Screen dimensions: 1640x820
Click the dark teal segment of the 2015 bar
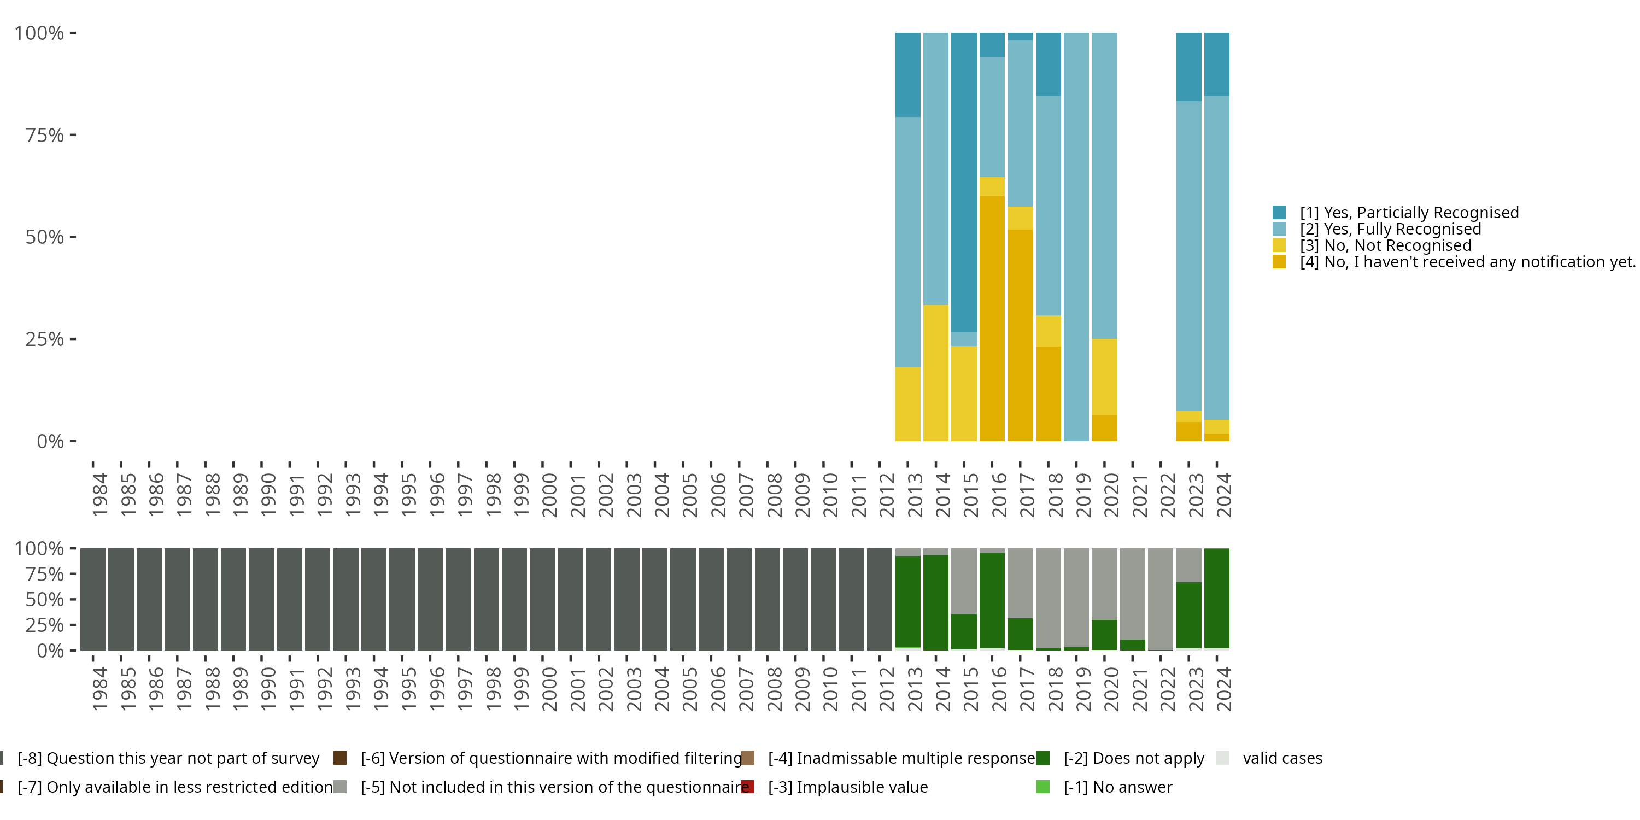click(964, 183)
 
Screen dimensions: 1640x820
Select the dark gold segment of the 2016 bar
click(992, 318)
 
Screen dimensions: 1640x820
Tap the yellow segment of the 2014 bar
click(936, 373)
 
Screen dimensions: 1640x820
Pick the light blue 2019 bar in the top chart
click(1076, 237)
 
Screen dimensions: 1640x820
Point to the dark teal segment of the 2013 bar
click(908, 74)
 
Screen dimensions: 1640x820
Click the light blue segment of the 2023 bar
click(1188, 256)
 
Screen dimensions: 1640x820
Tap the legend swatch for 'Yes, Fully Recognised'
click(1279, 229)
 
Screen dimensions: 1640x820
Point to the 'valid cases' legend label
click(1282, 758)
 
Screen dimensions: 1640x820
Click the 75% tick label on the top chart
click(45, 135)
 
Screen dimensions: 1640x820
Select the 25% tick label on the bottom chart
click(45, 624)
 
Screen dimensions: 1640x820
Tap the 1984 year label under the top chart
click(100, 495)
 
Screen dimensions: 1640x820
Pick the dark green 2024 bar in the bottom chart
click(1217, 598)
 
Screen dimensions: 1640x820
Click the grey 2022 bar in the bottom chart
click(1161, 599)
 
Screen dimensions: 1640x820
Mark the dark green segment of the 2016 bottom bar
click(992, 600)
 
